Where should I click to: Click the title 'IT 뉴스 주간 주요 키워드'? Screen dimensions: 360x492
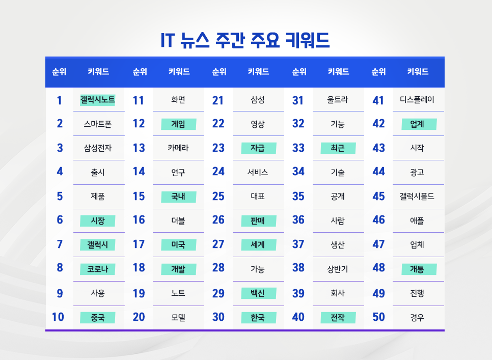[x=245, y=40]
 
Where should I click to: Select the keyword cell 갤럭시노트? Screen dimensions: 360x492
[x=97, y=100]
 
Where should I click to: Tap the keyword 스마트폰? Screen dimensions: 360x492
[x=97, y=124]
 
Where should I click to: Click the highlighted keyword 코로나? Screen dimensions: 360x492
[x=97, y=269]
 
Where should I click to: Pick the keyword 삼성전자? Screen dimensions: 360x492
[x=97, y=148]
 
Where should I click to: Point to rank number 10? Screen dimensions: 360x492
[x=58, y=317]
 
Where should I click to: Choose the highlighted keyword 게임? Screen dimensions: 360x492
[x=178, y=124]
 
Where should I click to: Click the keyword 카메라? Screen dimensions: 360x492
[x=178, y=148]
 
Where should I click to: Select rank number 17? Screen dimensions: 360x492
[x=139, y=244]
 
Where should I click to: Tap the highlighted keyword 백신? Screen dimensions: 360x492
[x=258, y=293]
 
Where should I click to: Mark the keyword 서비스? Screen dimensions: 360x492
[x=258, y=172]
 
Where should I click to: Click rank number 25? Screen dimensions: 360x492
[x=218, y=197]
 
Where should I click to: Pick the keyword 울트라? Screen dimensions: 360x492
[x=338, y=100]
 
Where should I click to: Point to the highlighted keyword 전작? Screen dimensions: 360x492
[x=338, y=318]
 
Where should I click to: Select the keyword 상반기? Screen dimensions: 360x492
[x=338, y=269]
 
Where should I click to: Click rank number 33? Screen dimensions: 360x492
[x=298, y=148]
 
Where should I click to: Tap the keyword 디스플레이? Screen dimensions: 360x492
[x=417, y=100]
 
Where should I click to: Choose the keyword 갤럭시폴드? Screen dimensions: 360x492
[x=417, y=197]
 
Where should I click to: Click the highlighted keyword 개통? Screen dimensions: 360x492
[x=417, y=269]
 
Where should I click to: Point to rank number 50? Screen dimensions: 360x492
[x=378, y=317]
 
